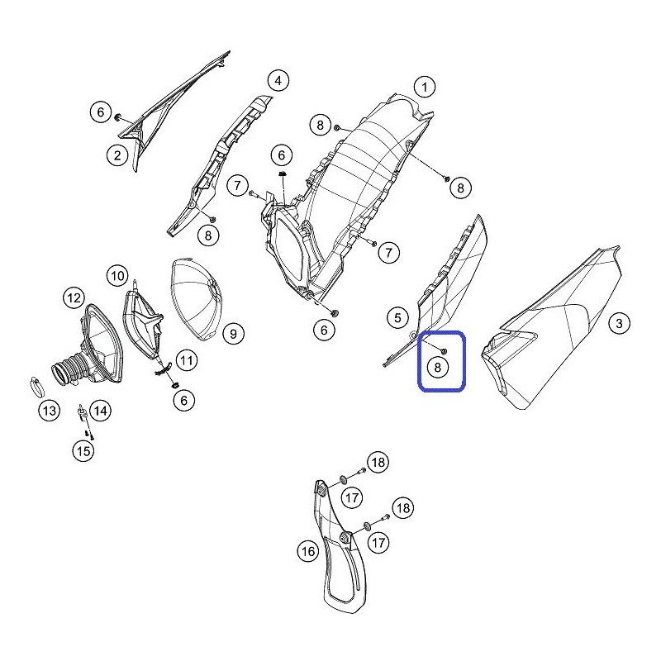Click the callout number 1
[x=425, y=88]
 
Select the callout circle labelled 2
[x=117, y=155]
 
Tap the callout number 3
[x=619, y=323]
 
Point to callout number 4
[x=278, y=80]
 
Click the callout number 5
[x=397, y=317]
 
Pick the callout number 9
[x=233, y=335]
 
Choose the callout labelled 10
[x=117, y=276]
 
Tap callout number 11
[x=187, y=360]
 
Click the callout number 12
[x=74, y=298]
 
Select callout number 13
[x=50, y=410]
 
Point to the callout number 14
[x=100, y=410]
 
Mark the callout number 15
[x=83, y=450]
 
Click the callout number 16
[x=308, y=551]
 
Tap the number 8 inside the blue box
[x=437, y=368]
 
